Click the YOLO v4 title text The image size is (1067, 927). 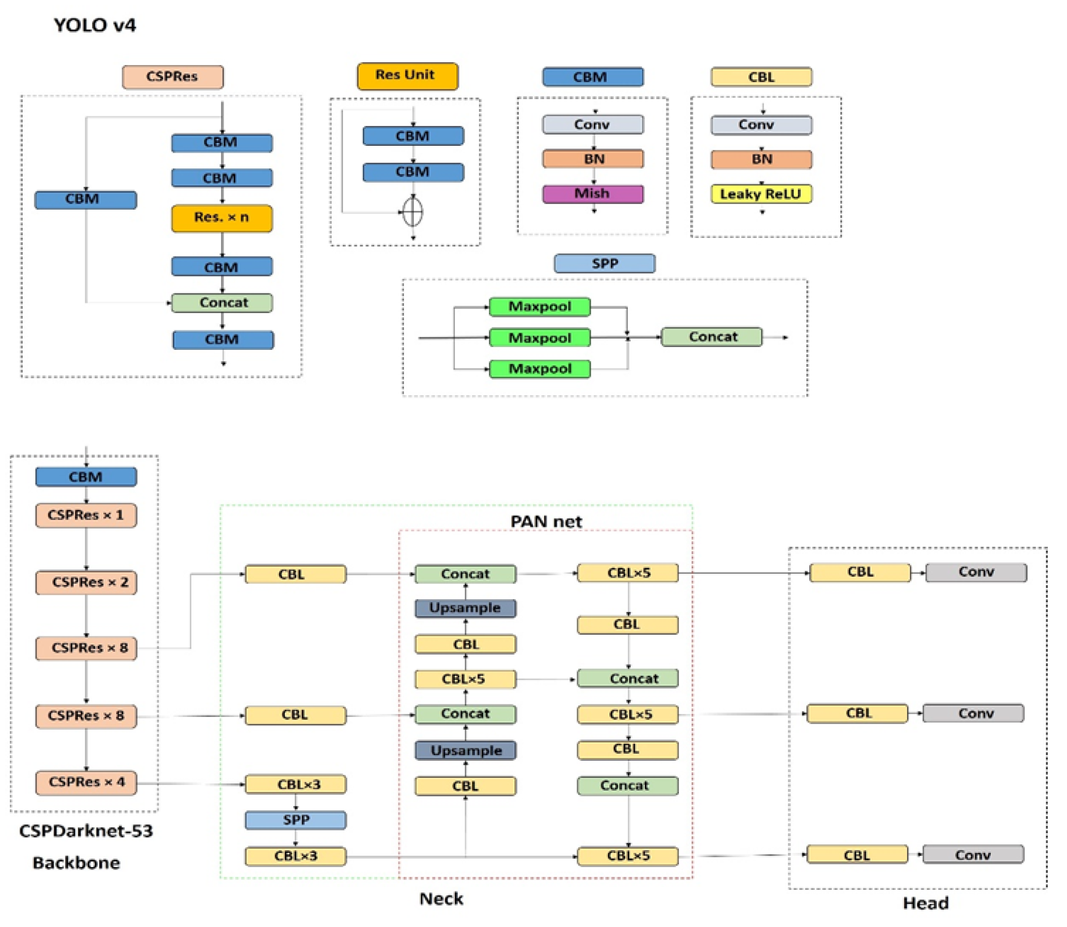pyautogui.click(x=94, y=25)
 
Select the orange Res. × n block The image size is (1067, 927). pyautogui.click(x=222, y=218)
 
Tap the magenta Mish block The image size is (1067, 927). pyautogui.click(x=592, y=194)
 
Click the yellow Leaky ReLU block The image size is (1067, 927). pyautogui.click(x=761, y=194)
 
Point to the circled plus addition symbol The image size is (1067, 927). pyautogui.click(x=413, y=213)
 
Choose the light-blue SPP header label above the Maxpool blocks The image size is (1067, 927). pyautogui.click(x=604, y=263)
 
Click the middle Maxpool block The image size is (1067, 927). pyautogui.click(x=539, y=337)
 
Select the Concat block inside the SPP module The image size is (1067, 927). pyautogui.click(x=712, y=337)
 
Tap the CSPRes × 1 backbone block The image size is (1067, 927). pyautogui.click(x=86, y=515)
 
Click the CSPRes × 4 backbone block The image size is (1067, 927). pyautogui.click(x=86, y=782)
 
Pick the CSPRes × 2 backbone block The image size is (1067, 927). pyautogui.click(x=86, y=582)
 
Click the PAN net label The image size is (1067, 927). pyautogui.click(x=545, y=521)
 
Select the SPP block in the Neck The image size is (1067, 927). pyautogui.click(x=295, y=820)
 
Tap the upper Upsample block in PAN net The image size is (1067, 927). pyautogui.click(x=465, y=608)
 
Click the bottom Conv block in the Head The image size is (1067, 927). pyautogui.click(x=973, y=855)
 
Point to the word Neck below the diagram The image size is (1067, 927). pyautogui.click(x=441, y=899)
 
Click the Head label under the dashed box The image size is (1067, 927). pyautogui.click(x=925, y=903)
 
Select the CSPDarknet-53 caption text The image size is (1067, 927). pyautogui.click(x=86, y=831)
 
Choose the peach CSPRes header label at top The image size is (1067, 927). pyautogui.click(x=172, y=77)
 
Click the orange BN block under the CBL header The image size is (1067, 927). pyautogui.click(x=761, y=159)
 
